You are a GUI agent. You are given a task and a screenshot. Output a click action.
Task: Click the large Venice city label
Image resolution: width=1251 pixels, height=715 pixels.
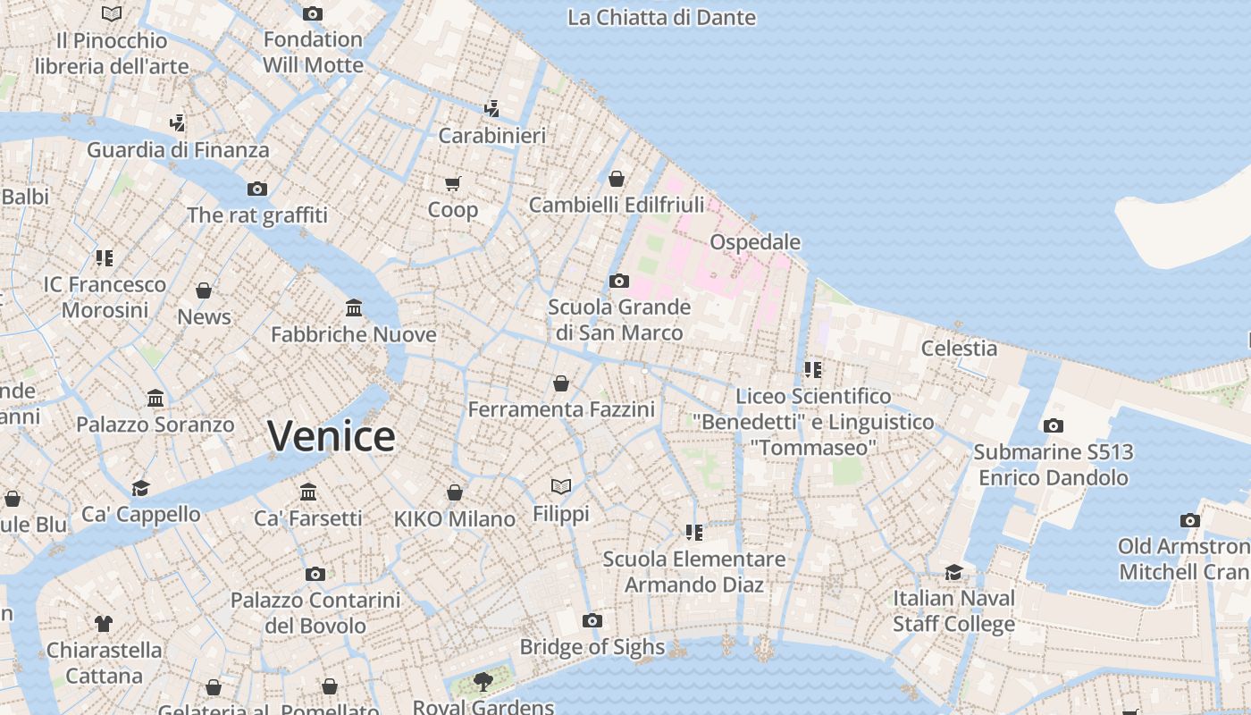click(332, 436)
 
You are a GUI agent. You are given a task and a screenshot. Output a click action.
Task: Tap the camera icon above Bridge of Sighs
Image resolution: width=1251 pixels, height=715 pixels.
click(592, 620)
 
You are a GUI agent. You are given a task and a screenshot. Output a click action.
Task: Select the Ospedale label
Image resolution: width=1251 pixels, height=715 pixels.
click(755, 242)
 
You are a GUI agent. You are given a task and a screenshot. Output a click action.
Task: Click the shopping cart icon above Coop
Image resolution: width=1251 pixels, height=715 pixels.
click(452, 183)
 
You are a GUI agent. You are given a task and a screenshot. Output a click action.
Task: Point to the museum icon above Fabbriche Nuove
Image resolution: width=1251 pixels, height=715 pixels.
click(354, 308)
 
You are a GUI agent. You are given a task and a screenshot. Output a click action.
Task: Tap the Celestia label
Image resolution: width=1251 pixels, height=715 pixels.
click(959, 348)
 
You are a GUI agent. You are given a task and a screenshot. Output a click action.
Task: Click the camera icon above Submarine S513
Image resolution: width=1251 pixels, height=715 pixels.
click(1054, 425)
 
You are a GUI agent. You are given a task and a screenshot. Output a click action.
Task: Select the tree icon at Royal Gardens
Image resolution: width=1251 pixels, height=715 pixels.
click(483, 682)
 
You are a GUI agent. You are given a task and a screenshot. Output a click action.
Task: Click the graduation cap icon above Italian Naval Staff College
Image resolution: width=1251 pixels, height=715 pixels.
click(954, 572)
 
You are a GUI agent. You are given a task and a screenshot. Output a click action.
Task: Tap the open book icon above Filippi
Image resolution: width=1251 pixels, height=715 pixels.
click(561, 486)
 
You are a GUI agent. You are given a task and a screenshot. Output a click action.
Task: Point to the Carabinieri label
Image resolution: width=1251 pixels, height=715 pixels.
click(492, 136)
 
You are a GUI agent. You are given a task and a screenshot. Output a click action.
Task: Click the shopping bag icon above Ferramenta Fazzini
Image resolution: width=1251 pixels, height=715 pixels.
click(561, 383)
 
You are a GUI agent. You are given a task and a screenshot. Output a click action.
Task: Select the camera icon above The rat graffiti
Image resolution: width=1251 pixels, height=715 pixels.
click(257, 189)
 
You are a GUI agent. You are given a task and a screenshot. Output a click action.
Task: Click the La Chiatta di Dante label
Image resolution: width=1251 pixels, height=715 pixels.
click(661, 17)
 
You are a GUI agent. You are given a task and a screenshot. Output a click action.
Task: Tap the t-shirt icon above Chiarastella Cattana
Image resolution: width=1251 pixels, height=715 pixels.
click(104, 623)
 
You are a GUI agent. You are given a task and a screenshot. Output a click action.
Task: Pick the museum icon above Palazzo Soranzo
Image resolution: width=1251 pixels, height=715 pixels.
click(155, 398)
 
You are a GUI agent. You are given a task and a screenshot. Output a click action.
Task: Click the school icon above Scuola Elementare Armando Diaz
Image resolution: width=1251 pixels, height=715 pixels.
click(694, 533)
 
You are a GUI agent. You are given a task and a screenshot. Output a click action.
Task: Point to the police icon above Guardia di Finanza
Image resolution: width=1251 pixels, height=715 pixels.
click(178, 122)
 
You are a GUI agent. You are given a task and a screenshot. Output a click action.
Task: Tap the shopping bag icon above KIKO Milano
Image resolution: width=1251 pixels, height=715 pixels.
click(455, 492)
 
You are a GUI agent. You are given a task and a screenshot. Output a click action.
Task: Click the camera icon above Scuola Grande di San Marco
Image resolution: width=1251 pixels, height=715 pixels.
click(619, 281)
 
